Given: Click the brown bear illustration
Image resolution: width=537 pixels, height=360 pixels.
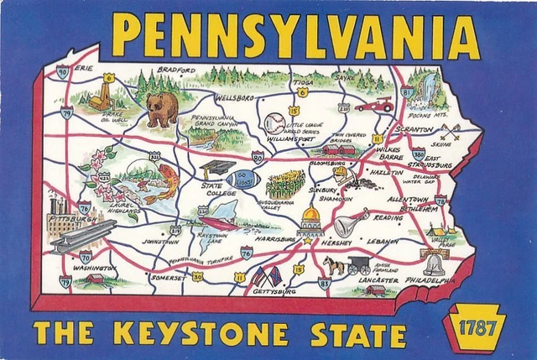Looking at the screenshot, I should pos(162,107).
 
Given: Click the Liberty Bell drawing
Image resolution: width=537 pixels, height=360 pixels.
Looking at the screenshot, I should pos(434,264).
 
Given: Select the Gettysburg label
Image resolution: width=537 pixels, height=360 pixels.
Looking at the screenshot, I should pos(274,294).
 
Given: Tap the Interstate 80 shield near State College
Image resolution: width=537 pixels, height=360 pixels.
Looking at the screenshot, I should pos(258,156).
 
